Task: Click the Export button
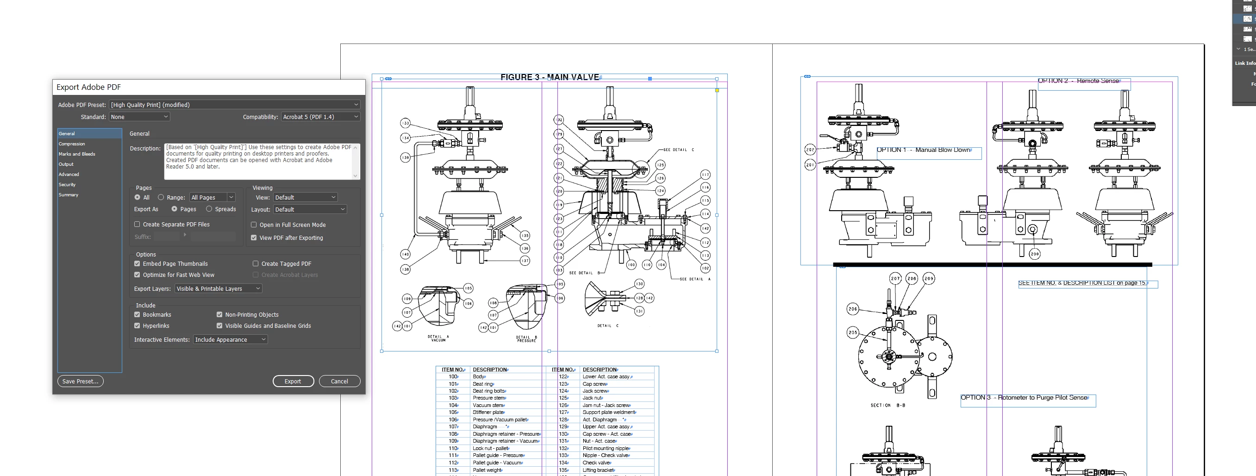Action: click(293, 382)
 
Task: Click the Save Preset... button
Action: click(81, 382)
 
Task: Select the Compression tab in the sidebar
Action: click(72, 144)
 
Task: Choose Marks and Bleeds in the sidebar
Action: click(77, 154)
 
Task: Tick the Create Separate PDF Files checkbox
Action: click(137, 225)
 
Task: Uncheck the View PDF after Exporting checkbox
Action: click(254, 238)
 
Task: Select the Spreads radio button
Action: click(209, 209)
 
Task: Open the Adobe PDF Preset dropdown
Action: click(235, 105)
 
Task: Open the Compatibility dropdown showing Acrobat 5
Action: click(320, 117)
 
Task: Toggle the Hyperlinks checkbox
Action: click(137, 326)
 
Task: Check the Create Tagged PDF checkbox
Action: click(256, 264)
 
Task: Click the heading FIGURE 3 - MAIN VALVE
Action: click(550, 77)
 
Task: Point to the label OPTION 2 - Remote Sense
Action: click(1078, 81)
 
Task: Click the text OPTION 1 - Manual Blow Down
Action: click(923, 150)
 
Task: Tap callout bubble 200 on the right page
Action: click(1035, 254)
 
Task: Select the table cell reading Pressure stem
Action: click(488, 398)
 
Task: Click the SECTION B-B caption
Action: click(888, 405)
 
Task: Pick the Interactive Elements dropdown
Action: click(230, 340)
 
